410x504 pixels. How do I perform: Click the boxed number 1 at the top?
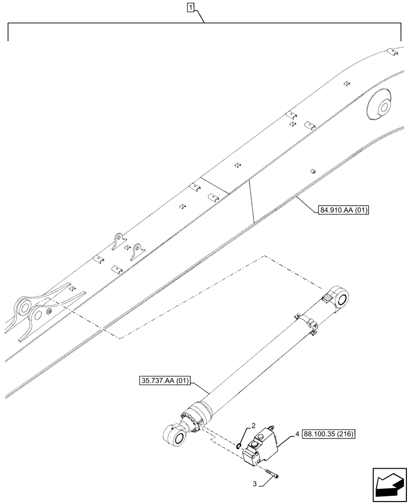click(x=190, y=7)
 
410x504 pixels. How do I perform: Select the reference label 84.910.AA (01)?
click(x=344, y=210)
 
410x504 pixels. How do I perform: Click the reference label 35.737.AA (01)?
click(x=163, y=381)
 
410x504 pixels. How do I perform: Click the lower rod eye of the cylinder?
click(x=174, y=434)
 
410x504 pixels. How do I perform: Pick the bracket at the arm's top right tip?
click(x=390, y=50)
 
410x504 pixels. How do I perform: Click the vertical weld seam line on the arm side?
click(x=251, y=201)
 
